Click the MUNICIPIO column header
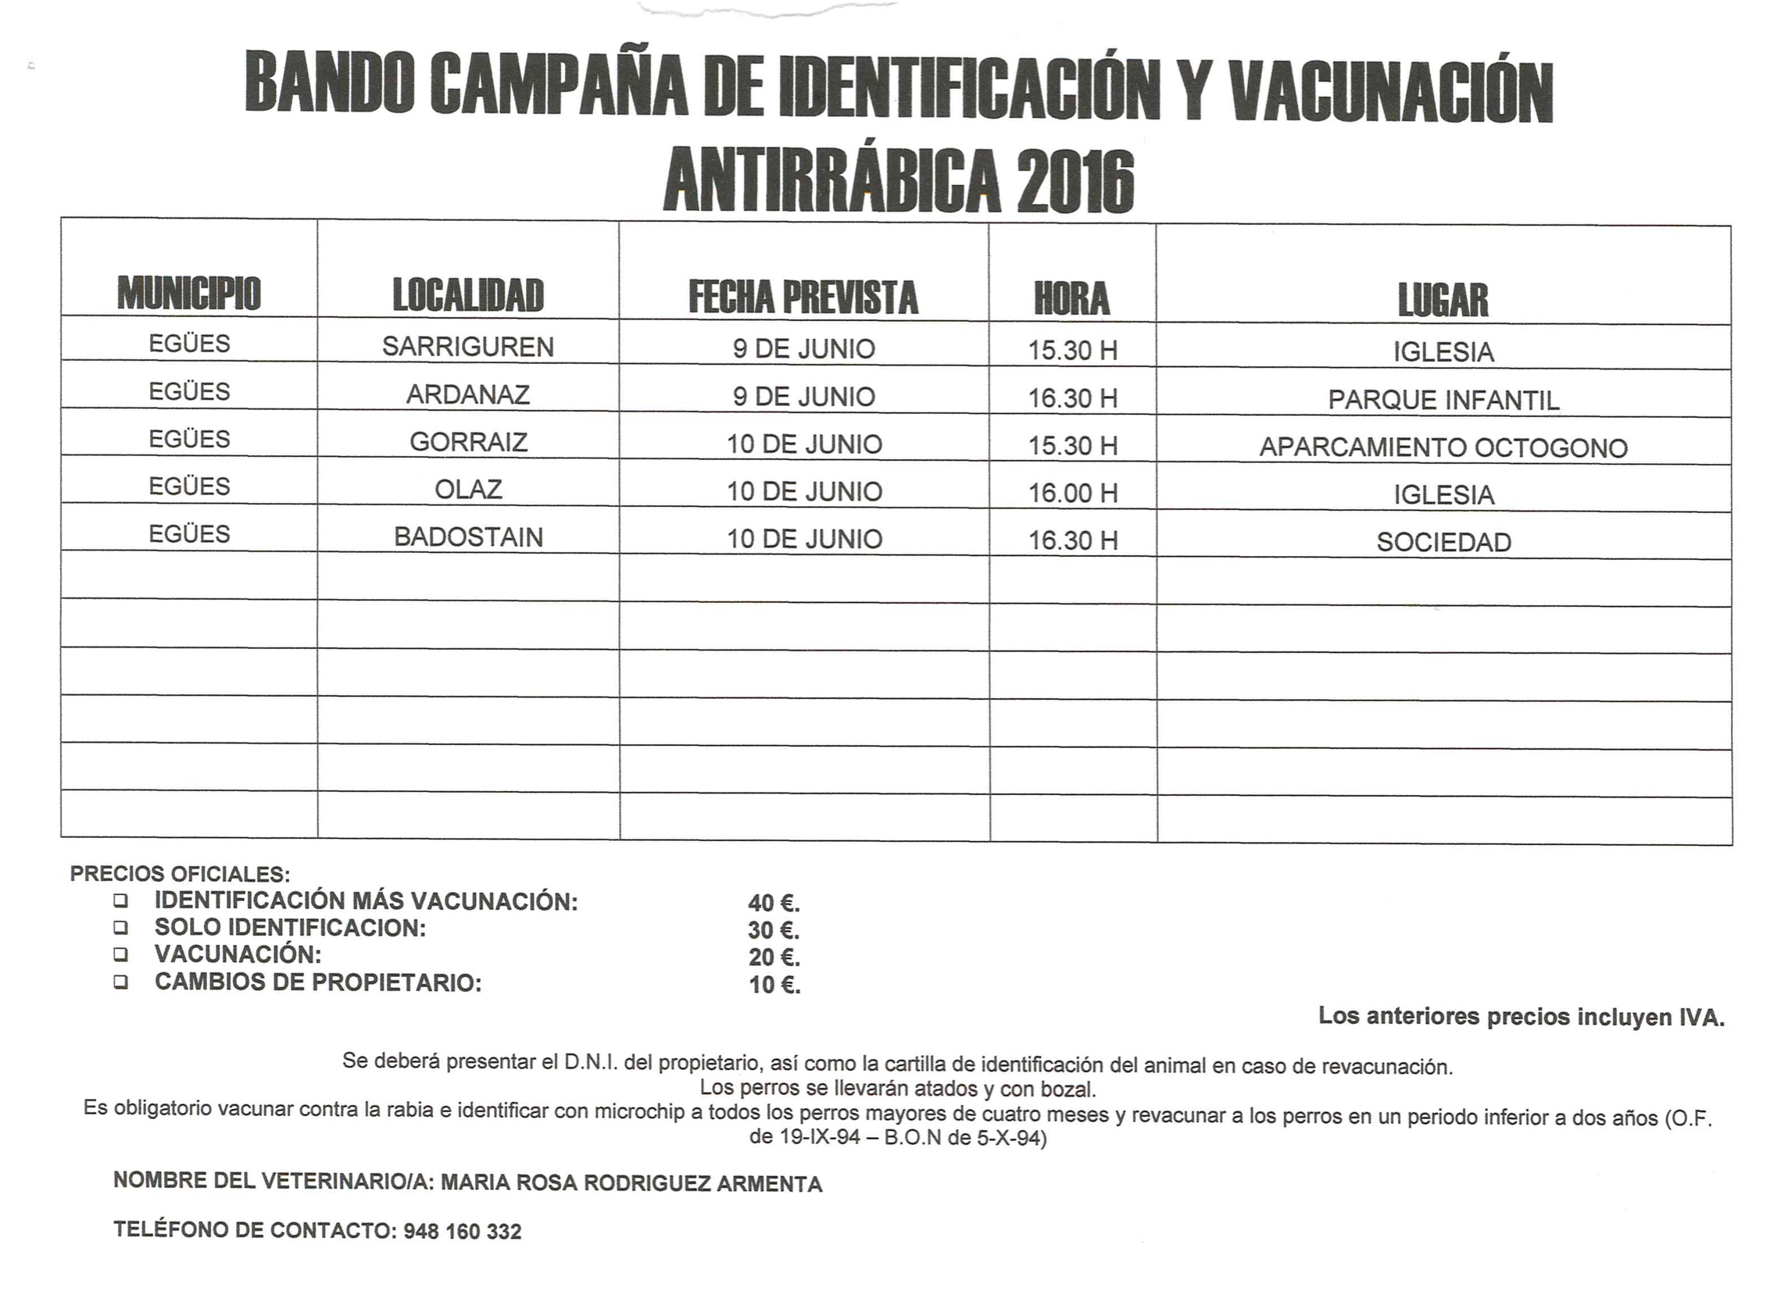pos(188,293)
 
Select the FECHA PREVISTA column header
pos(803,297)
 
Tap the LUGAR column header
pos(1443,300)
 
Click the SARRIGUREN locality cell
pos(467,347)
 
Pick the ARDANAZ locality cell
pos(467,394)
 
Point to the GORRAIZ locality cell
pos(467,441)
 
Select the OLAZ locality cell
pos(467,490)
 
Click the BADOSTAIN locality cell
pos(467,537)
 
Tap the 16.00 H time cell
pos(1072,494)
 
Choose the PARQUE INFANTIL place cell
pos(1443,400)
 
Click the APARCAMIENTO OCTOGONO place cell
pos(1443,448)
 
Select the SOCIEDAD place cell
pos(1443,542)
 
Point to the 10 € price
pos(774,985)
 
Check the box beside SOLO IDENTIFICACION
pos(120,927)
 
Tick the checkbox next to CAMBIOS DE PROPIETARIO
pos(120,982)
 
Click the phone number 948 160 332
pos(462,1231)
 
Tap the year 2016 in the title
pos(1075,182)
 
